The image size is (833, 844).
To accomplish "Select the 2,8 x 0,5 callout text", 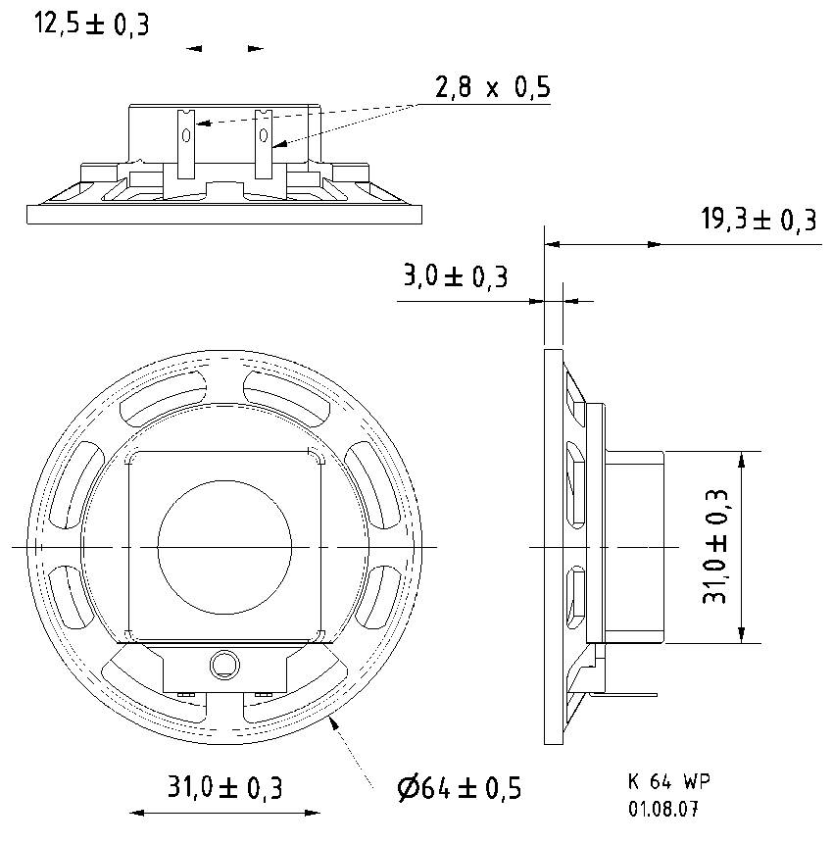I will click(492, 88).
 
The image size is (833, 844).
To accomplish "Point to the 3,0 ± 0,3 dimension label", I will click(456, 276).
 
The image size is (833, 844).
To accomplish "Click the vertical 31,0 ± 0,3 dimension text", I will click(718, 547).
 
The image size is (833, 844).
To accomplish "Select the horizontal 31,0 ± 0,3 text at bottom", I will click(225, 786).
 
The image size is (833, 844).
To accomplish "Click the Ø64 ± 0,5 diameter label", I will click(459, 787).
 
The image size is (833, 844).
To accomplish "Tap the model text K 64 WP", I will click(668, 782).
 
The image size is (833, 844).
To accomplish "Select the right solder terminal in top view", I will click(263, 142).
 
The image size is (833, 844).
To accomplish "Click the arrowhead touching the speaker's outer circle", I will click(336, 724).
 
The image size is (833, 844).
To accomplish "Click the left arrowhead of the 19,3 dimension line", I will click(551, 243).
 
